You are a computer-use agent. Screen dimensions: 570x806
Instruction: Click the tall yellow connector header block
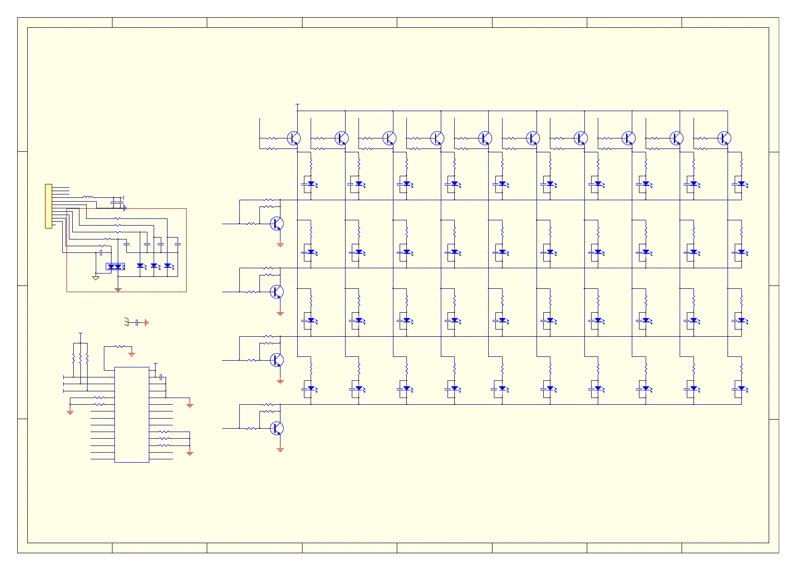click(x=48, y=206)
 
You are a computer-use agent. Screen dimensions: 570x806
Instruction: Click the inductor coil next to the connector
click(x=88, y=197)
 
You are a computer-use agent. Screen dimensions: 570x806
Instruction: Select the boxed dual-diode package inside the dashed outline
click(x=115, y=266)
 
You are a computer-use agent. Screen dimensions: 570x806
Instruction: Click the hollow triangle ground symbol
click(x=96, y=278)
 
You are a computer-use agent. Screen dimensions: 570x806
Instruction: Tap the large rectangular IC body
click(x=132, y=414)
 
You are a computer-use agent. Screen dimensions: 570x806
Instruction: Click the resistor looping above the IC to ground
click(x=120, y=346)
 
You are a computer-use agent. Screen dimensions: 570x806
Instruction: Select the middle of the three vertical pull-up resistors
click(x=80, y=358)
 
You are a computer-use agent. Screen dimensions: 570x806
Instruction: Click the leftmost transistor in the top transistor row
click(x=293, y=138)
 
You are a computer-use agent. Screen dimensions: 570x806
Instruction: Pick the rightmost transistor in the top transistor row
click(x=724, y=138)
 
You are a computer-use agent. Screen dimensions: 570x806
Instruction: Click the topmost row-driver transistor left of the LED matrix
click(x=277, y=223)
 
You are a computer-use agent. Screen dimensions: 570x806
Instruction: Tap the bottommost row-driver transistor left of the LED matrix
click(x=277, y=428)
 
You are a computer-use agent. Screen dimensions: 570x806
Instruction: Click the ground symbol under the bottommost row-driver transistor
click(x=280, y=450)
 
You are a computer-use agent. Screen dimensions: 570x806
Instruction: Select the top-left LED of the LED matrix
click(x=311, y=183)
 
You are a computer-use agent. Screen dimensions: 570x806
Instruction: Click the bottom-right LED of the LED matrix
click(x=741, y=388)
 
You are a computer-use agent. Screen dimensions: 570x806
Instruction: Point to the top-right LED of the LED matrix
click(x=741, y=183)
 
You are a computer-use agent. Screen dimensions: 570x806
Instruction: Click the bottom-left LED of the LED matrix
click(x=311, y=388)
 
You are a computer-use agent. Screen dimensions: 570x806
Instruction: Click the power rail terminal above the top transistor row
click(x=298, y=104)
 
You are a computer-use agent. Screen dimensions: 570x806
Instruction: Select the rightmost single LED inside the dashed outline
click(x=168, y=265)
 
